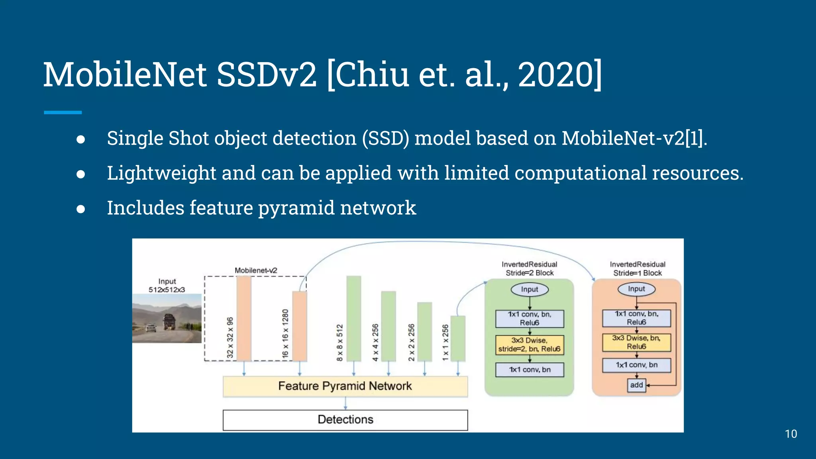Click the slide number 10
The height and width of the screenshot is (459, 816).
point(790,434)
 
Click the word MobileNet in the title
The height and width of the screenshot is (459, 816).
point(125,75)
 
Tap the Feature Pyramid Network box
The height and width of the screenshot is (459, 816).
point(345,386)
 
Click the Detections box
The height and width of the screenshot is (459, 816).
point(345,420)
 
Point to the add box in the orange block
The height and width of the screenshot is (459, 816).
point(636,385)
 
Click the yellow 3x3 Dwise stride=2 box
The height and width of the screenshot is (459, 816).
point(530,345)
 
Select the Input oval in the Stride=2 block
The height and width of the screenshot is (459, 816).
point(530,289)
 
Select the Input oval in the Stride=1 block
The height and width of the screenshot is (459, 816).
point(636,289)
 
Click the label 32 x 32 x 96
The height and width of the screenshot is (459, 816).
point(230,337)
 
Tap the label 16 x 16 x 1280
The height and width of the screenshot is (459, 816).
point(285,333)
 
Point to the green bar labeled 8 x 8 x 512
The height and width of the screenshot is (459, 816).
point(354,319)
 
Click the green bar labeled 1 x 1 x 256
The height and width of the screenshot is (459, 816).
point(458,339)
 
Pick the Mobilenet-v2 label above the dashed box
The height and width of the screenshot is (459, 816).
point(256,271)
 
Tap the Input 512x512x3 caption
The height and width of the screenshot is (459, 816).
point(167,286)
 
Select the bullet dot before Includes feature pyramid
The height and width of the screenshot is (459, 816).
point(81,209)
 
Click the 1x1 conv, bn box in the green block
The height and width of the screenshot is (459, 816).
point(530,370)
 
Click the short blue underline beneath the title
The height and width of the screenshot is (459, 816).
point(63,113)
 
